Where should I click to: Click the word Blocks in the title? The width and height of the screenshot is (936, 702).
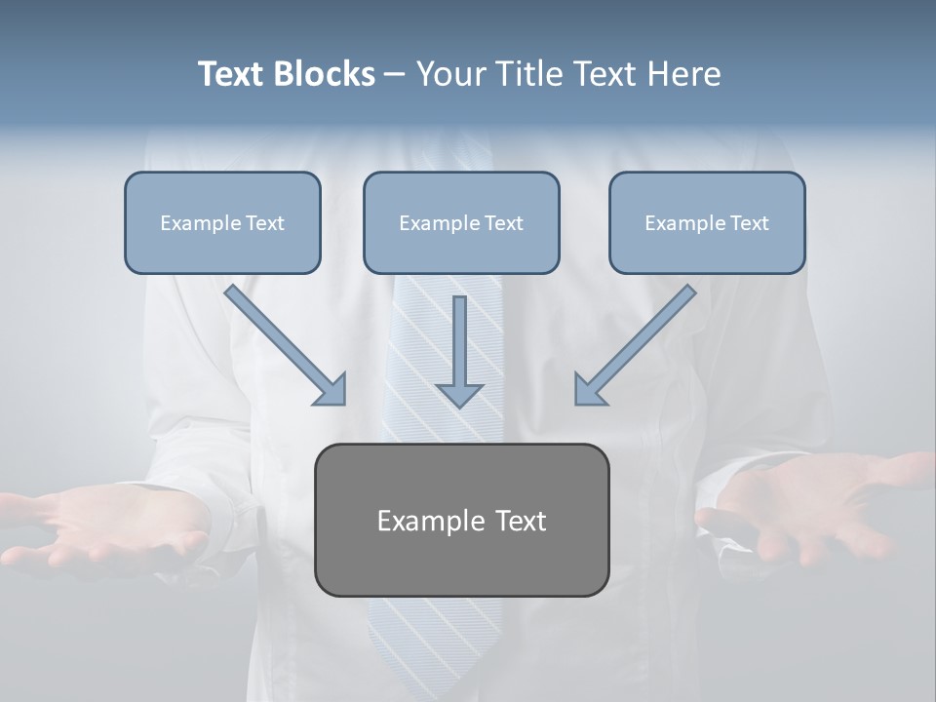coord(325,74)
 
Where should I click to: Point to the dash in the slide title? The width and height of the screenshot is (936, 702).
coord(395,75)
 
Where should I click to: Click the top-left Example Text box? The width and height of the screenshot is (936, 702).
coord(222,222)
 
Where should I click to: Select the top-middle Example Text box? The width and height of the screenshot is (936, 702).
coord(461,222)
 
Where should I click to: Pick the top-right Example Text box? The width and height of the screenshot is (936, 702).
coord(707,222)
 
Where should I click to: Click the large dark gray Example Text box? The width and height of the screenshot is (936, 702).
coord(461,520)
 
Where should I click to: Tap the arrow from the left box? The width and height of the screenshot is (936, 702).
coord(283,343)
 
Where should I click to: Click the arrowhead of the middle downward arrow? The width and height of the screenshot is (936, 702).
coord(459,394)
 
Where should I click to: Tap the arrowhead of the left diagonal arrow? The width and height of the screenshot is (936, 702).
coord(332,391)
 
